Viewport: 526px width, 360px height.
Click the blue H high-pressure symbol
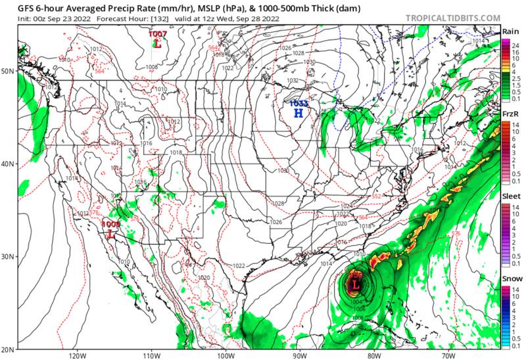(299, 112)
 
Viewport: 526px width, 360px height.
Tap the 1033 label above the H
(299, 103)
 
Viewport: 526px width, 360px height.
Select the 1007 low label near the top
(157, 34)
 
